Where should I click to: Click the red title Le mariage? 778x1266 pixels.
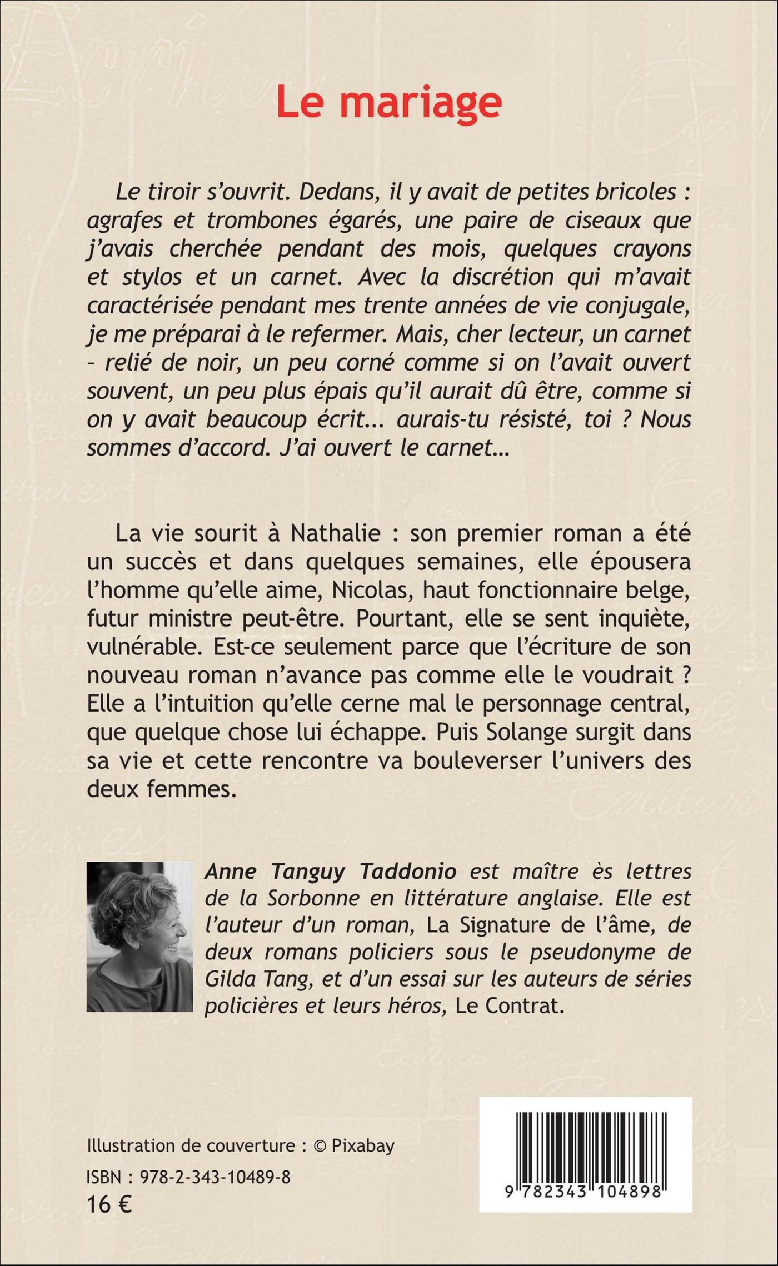click(388, 101)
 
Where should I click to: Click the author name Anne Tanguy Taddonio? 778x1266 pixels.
click(330, 871)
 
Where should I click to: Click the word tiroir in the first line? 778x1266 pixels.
click(187, 192)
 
